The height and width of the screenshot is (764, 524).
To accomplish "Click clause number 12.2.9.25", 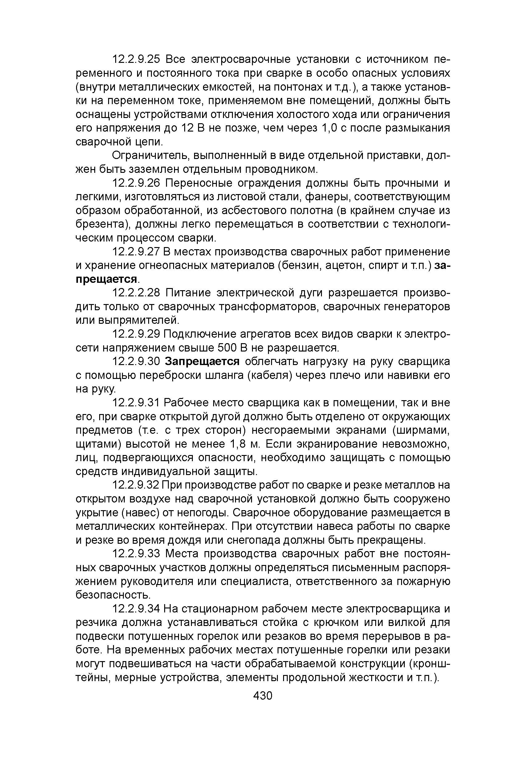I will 136,59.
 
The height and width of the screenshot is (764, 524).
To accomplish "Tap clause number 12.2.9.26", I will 136,183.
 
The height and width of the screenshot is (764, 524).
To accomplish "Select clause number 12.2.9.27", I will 136,252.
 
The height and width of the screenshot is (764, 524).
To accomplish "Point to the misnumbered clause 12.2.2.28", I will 136,293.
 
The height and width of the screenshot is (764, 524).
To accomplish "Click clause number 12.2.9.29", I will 136,334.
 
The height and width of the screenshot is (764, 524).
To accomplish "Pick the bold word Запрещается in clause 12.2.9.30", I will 202,361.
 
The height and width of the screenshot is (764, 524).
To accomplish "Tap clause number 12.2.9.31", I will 136,403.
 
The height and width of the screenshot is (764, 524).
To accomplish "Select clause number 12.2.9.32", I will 136,485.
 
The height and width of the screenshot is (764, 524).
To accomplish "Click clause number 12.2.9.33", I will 136,554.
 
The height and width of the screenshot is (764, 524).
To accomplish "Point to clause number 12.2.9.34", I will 136,609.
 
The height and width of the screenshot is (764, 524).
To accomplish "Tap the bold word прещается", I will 106,279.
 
